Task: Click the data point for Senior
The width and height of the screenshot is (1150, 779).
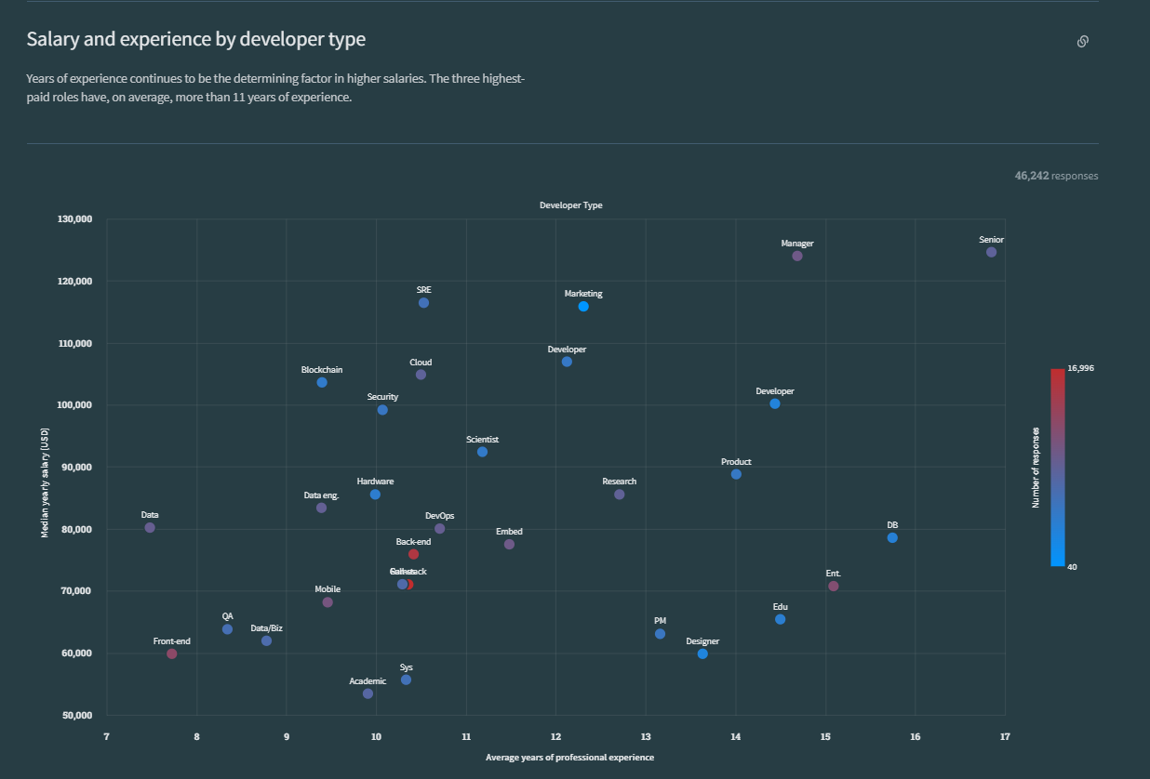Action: pos(991,252)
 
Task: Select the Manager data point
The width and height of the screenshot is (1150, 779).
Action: pos(797,256)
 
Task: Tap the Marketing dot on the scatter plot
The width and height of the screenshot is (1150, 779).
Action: pos(583,307)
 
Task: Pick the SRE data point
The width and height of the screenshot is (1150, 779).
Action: pos(424,303)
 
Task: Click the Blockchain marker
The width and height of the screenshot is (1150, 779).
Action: pos(322,382)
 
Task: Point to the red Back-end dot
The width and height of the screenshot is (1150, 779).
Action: pos(413,554)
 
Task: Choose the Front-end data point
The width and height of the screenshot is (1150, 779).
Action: pos(172,654)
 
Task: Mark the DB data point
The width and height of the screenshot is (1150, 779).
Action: pos(892,537)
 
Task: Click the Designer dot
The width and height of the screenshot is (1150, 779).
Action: pos(702,654)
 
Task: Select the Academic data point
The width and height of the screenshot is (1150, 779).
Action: pos(368,693)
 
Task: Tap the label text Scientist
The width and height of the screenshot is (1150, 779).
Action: pos(482,440)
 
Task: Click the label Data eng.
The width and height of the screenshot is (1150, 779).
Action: pos(321,495)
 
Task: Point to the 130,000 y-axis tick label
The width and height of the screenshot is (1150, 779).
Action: pos(74,219)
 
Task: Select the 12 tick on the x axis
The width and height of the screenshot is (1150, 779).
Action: pos(555,737)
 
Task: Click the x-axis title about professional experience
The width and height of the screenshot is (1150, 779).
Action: pos(569,758)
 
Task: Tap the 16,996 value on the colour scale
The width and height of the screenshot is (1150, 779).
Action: pos(1080,368)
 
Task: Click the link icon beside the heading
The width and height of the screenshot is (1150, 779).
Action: pos(1083,41)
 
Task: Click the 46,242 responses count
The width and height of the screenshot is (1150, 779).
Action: pos(1056,176)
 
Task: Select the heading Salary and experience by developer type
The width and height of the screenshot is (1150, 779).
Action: pos(196,39)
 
